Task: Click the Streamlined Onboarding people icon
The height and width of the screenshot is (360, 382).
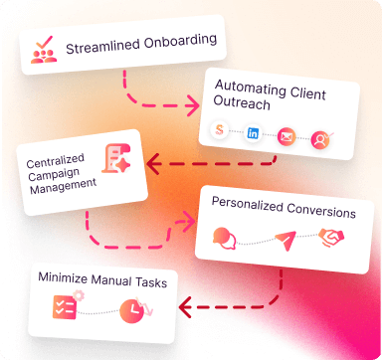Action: (43, 47)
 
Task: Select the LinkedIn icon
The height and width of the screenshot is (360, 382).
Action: (254, 133)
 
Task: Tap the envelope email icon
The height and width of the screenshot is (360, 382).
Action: (287, 137)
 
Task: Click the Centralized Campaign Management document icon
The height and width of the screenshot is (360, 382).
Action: (117, 161)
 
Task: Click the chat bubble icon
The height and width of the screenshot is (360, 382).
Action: (225, 239)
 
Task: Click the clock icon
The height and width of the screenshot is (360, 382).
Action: (130, 311)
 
